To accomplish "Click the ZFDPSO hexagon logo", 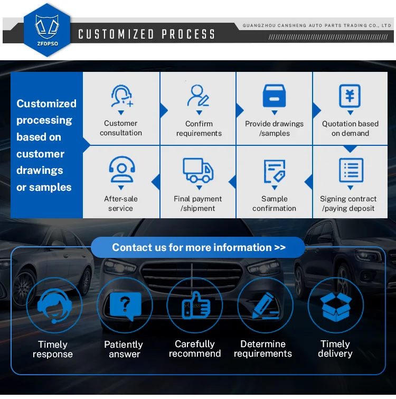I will [46, 30].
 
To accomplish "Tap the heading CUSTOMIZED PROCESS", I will [147, 35].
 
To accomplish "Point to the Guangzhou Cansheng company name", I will [317, 25].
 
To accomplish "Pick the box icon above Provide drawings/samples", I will [274, 96].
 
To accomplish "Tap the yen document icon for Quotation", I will [350, 96].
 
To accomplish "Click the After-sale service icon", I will [121, 170].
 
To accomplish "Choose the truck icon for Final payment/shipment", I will [198, 170].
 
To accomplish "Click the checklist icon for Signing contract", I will [350, 170].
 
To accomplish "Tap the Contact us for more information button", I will [199, 247].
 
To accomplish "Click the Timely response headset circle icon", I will [53, 305].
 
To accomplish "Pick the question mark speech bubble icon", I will [125, 305].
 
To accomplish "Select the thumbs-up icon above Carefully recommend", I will [195, 305].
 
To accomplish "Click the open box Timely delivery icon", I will [335, 305].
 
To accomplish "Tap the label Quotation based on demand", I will [350, 128].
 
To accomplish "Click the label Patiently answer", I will [124, 349].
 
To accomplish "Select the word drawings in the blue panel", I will [40, 171].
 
